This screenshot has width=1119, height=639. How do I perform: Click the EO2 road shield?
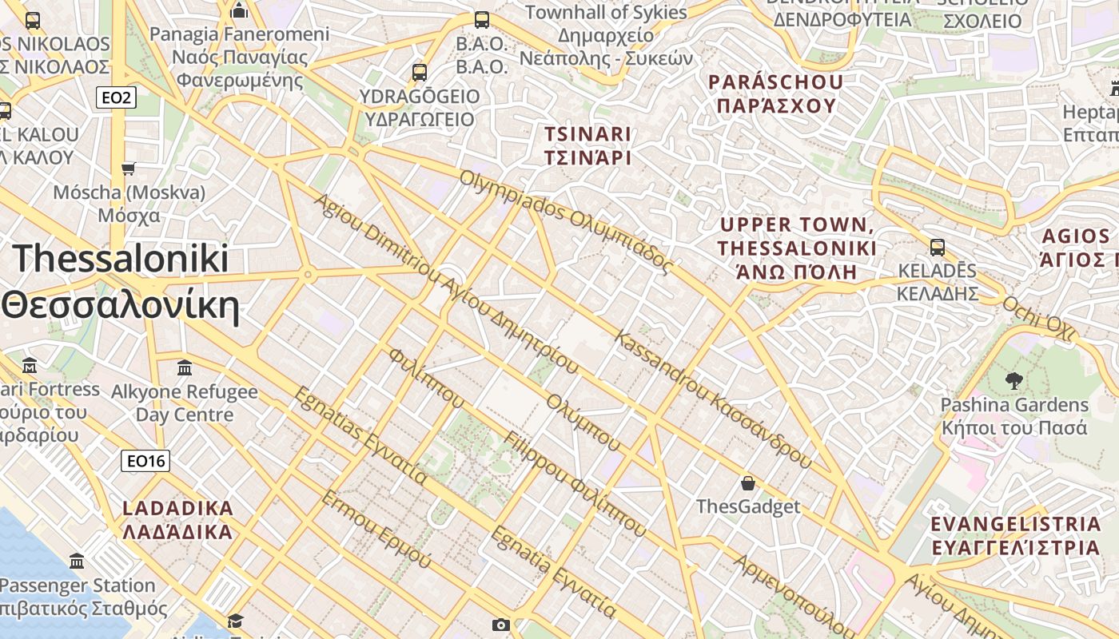(x=116, y=98)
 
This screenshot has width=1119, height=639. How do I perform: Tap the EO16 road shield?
(x=145, y=461)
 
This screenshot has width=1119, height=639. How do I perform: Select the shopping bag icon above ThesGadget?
(x=748, y=483)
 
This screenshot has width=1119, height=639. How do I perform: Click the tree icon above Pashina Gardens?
(x=1014, y=381)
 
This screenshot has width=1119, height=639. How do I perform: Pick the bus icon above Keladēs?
(x=938, y=248)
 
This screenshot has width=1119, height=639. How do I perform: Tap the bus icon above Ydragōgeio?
(x=420, y=73)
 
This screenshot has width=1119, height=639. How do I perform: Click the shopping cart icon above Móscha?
(x=129, y=169)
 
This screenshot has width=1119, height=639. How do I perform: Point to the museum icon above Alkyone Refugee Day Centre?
(x=185, y=368)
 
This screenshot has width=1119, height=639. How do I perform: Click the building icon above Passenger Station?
(x=77, y=561)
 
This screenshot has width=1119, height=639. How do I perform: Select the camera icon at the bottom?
(x=500, y=625)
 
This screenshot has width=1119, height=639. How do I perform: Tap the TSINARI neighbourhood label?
(x=587, y=145)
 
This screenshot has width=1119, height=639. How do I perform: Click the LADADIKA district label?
(x=177, y=520)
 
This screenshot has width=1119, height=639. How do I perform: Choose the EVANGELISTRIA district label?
(x=1016, y=536)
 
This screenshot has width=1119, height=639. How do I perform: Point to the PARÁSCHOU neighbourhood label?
(x=775, y=93)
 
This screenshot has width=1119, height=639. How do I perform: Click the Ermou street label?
(x=376, y=529)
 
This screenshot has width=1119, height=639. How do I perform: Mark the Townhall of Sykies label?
(x=606, y=13)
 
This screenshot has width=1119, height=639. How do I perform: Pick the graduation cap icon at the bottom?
(x=235, y=621)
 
